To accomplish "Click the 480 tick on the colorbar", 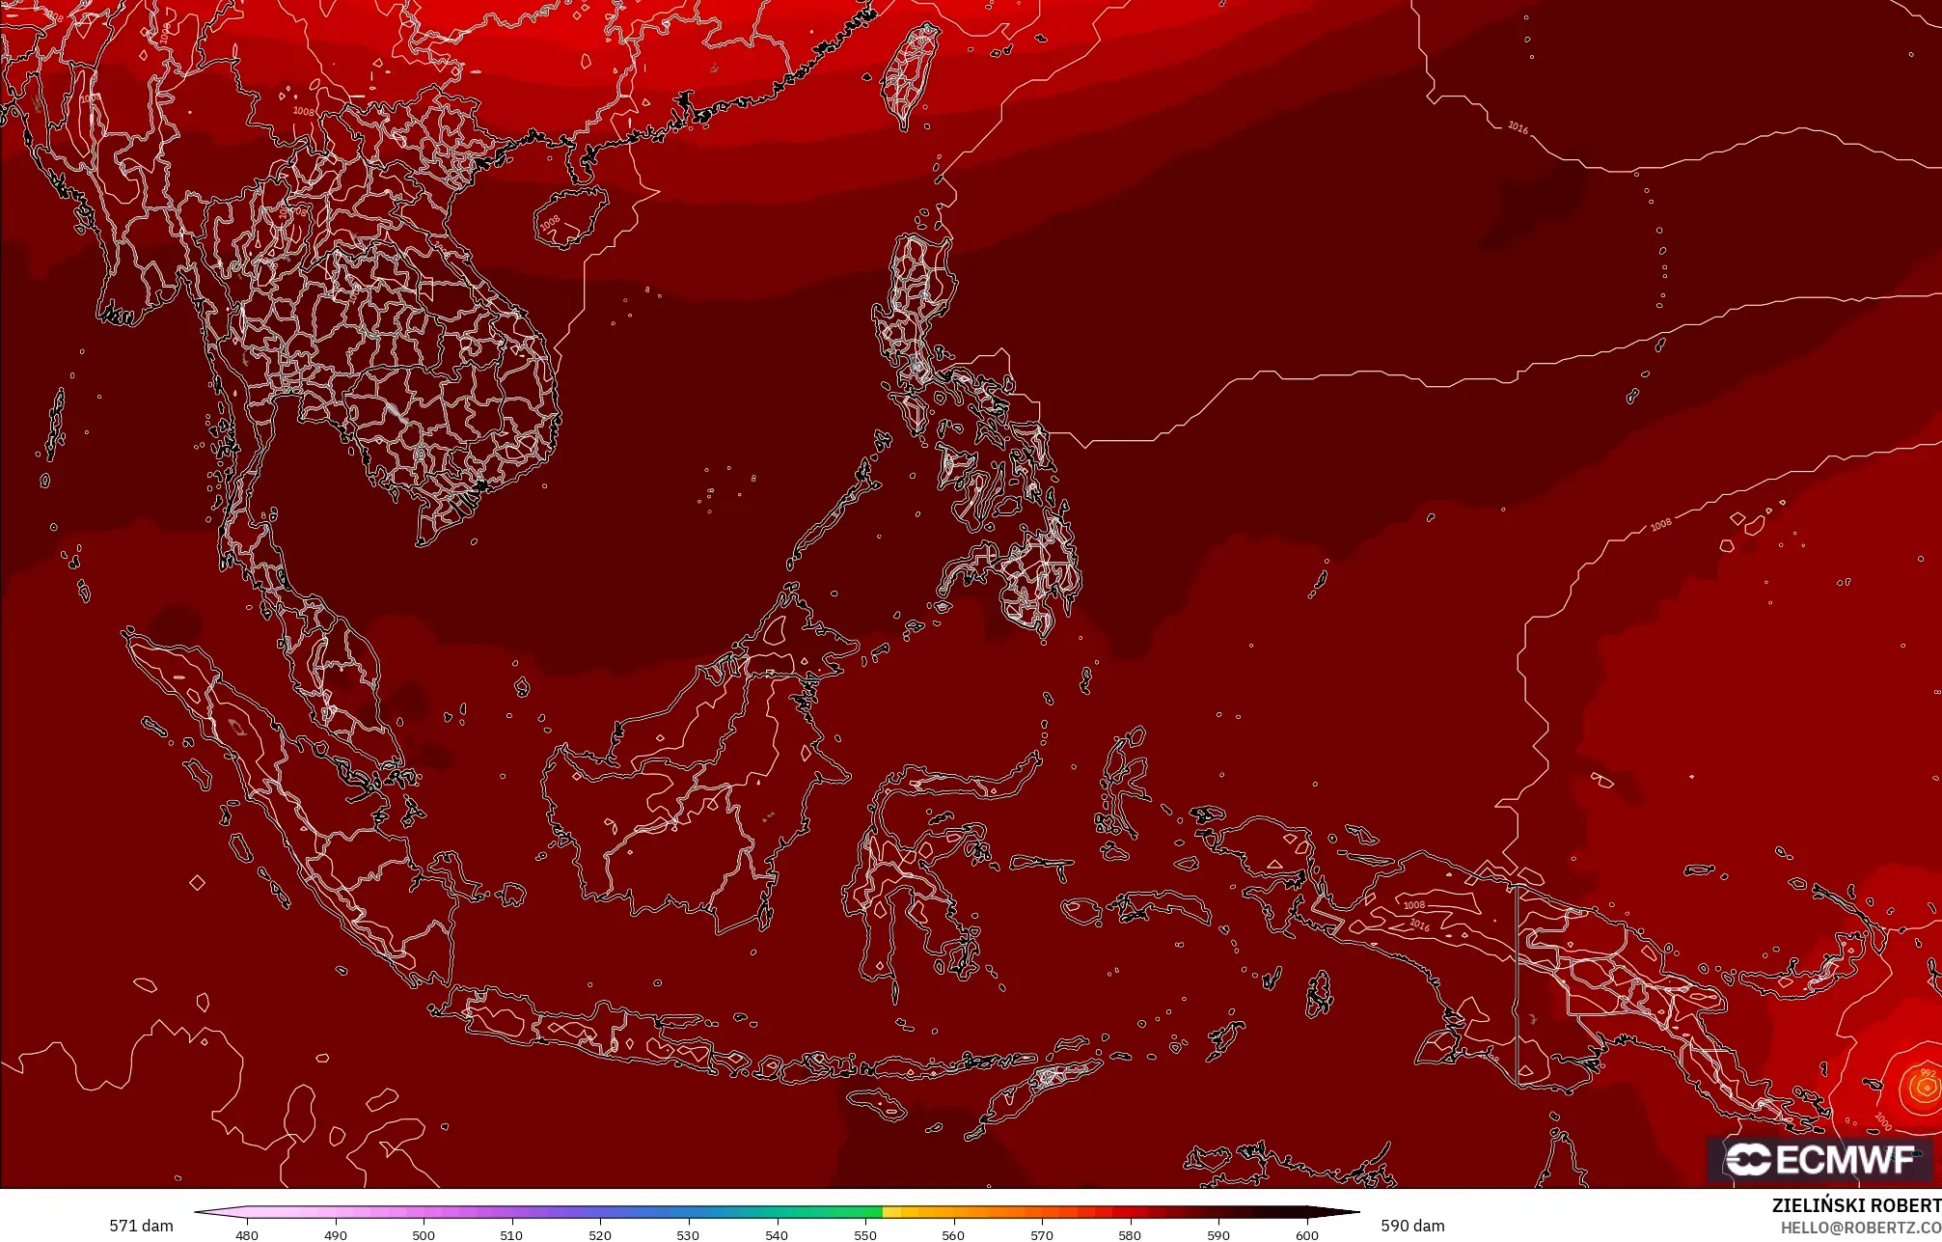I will click(247, 1234).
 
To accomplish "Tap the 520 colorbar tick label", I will click(600, 1234).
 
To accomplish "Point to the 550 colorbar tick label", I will click(865, 1234).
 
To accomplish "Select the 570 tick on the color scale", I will click(1042, 1234).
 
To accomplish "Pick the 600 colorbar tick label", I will click(1307, 1234).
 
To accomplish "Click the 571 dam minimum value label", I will click(141, 1226).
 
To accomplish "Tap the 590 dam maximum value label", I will click(1412, 1226).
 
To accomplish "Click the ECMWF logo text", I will click(1844, 1160).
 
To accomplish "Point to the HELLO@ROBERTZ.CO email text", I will click(1860, 1228).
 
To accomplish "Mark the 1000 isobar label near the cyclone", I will click(1882, 1121).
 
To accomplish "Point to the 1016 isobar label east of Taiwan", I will click(1518, 127).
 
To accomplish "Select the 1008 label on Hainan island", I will click(549, 224).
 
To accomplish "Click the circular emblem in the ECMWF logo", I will click(1747, 1160).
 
